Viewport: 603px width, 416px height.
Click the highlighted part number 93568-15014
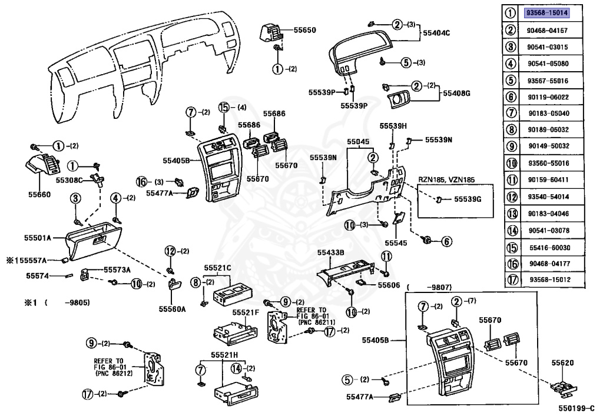point(547,13)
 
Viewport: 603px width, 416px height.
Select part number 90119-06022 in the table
point(548,97)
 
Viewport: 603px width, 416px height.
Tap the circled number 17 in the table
point(513,279)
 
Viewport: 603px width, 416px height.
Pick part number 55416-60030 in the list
point(549,247)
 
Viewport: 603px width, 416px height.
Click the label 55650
point(304,30)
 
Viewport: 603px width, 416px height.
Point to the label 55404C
point(436,33)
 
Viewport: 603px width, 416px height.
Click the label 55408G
point(456,93)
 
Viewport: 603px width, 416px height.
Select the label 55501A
point(37,238)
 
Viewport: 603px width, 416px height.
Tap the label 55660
point(39,194)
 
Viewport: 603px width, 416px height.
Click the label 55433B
point(331,252)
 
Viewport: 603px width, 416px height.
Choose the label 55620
point(562,362)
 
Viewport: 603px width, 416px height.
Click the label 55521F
point(246,312)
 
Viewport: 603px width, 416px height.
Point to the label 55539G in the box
point(468,199)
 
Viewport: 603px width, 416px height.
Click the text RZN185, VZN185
point(446,179)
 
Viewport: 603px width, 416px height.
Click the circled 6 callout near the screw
point(446,241)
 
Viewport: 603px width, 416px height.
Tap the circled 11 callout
point(386,256)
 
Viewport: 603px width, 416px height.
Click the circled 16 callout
point(141,182)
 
